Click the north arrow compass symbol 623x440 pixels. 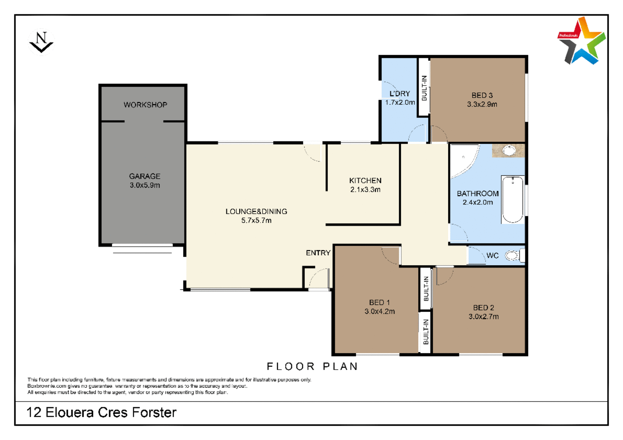point(41,42)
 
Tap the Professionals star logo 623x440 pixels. point(581,41)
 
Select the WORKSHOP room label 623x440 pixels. point(145,105)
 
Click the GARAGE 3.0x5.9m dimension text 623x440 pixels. point(145,186)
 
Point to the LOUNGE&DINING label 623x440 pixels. point(256,212)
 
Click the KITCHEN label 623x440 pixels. point(365,181)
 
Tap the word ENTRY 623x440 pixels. point(318,253)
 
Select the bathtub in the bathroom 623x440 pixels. point(513,200)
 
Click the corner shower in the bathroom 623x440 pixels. point(462,160)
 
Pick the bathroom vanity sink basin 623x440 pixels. point(509,151)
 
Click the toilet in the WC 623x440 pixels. point(513,256)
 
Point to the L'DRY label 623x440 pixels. point(400,94)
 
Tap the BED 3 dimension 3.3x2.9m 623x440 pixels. point(482,105)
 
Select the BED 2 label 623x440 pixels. point(483,308)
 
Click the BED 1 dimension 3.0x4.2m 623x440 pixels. point(380,312)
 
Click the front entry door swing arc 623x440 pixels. point(319,278)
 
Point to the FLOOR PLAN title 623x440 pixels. point(312,367)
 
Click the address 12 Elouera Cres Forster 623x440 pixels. point(101,413)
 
